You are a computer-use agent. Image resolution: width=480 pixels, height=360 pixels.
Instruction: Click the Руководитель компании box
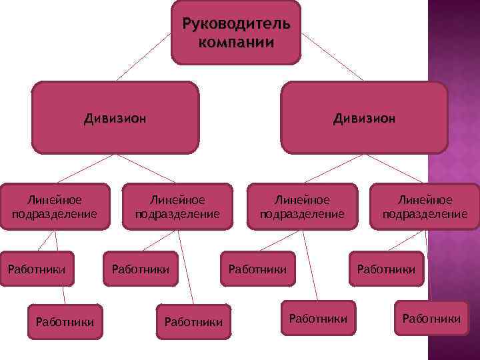236,32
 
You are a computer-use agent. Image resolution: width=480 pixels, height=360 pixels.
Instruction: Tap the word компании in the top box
236,43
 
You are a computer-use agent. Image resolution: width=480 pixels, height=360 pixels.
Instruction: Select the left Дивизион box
115,118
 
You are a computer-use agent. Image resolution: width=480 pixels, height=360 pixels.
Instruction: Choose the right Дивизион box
364,118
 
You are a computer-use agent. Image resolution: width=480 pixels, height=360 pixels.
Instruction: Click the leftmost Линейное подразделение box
55,207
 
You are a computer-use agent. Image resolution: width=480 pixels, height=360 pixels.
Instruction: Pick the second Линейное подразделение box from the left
177,207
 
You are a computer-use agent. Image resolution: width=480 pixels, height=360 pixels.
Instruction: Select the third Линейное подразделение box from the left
302,207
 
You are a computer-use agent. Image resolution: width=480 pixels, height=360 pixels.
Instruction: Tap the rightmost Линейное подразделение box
425,207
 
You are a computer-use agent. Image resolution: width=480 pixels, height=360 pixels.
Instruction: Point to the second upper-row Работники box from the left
141,269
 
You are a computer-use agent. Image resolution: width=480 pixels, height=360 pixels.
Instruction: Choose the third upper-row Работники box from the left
257,269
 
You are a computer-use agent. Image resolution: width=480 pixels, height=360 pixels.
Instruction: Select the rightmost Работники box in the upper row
386,269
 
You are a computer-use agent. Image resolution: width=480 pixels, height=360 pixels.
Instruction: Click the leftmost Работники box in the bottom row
65,322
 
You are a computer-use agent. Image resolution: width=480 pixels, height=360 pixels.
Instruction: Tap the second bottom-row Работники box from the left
193,322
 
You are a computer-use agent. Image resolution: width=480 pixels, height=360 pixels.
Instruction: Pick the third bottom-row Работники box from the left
318,319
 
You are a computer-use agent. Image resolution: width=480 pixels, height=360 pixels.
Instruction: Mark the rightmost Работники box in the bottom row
431,319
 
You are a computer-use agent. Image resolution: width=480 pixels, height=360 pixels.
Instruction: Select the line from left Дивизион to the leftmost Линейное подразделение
87,169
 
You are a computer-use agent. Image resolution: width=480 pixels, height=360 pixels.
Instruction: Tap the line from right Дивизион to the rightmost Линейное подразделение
395,169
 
